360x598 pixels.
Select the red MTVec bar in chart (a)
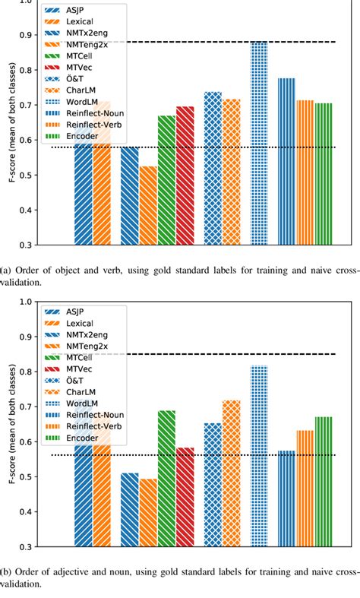click(x=185, y=176)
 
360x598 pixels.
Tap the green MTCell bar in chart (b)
click(x=166, y=478)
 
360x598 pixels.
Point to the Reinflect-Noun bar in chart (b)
click(x=286, y=498)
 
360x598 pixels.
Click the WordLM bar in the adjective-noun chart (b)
click(x=259, y=456)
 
